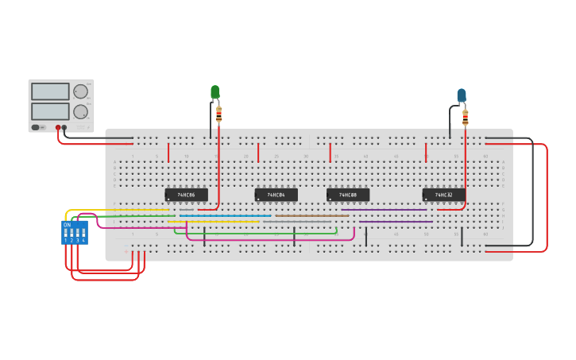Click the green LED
click(x=215, y=92)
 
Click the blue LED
click(x=462, y=95)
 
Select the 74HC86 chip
click(x=186, y=195)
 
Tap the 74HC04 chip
click(x=276, y=195)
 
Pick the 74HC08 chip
click(x=348, y=195)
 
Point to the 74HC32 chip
click(x=443, y=195)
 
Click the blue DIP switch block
click(x=75, y=233)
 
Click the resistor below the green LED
click(x=219, y=114)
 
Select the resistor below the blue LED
click(x=466, y=118)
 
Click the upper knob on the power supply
click(x=80, y=91)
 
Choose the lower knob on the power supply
click(x=80, y=111)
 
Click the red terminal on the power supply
click(x=58, y=127)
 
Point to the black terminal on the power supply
click(x=64, y=127)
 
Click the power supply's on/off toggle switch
click(x=36, y=127)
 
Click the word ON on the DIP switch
click(x=67, y=225)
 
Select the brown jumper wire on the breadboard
click(x=311, y=215)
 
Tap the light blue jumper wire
click(x=226, y=215)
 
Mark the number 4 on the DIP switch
click(x=83, y=240)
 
